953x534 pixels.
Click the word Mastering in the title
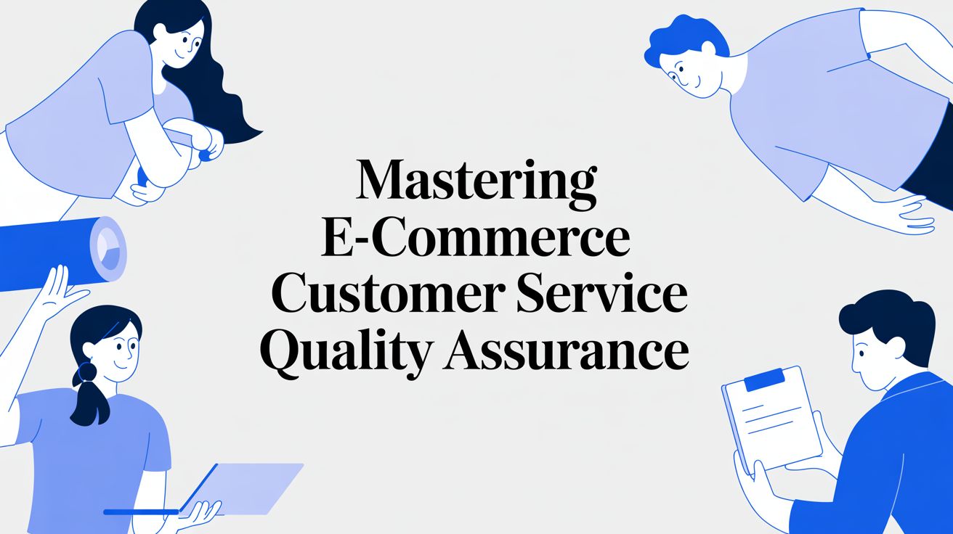(x=476, y=181)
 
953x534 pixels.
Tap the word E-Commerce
(x=476, y=239)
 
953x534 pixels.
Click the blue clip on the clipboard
(x=761, y=379)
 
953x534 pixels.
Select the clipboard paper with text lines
(x=774, y=421)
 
